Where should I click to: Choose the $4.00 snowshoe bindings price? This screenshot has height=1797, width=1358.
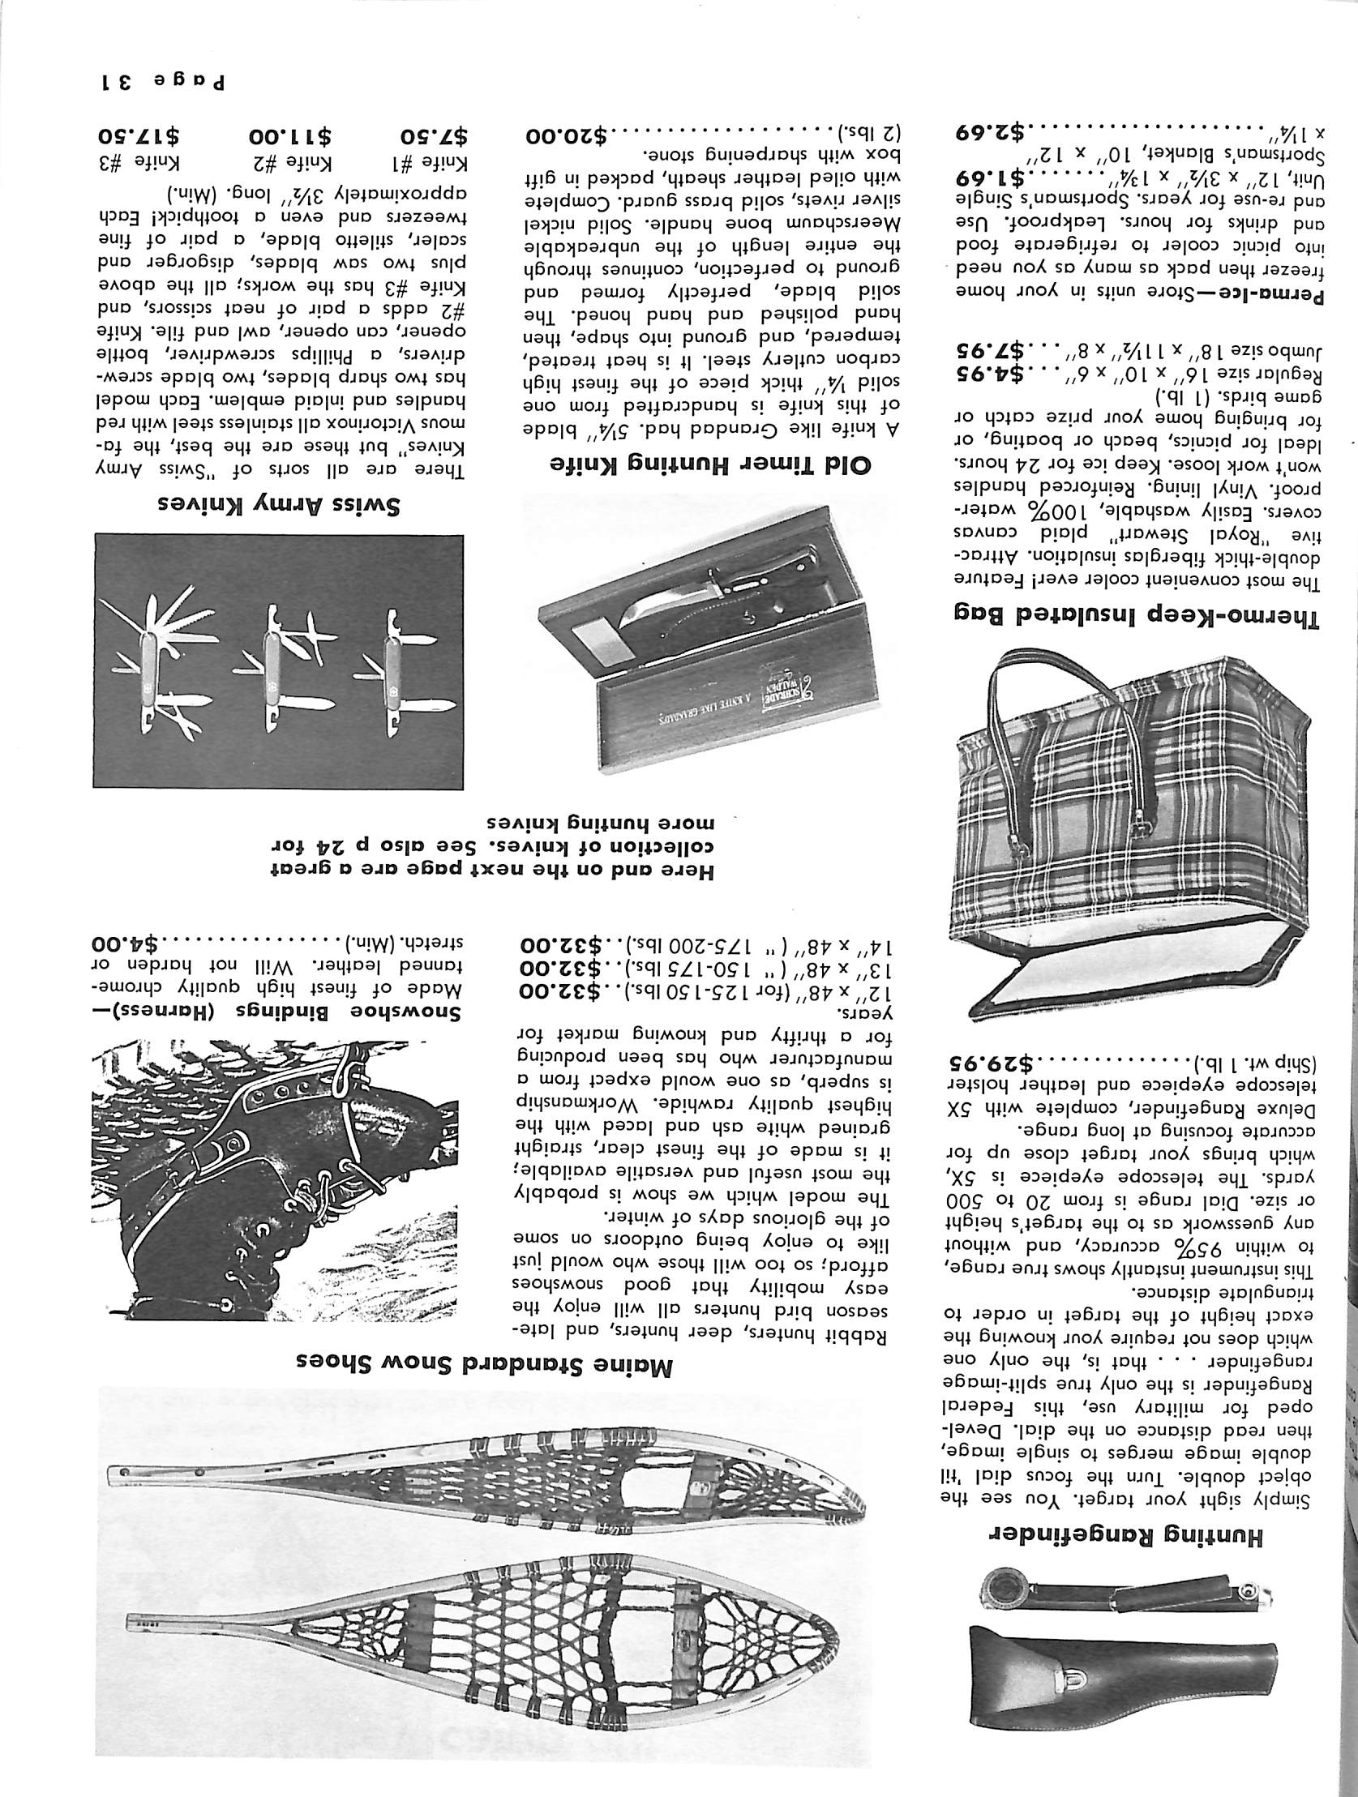click(x=131, y=944)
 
